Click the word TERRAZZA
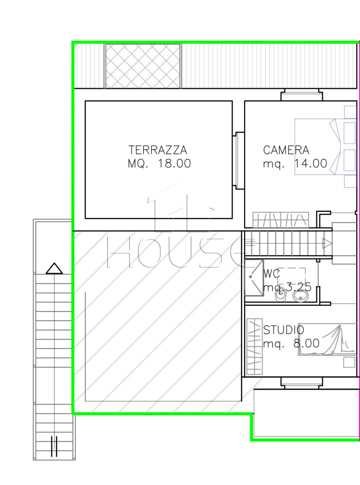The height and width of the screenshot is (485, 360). [158, 150]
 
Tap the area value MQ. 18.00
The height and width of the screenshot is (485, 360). [159, 163]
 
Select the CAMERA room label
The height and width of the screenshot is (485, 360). [286, 150]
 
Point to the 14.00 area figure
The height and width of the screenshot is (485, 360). [311, 163]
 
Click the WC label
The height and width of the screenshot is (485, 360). [272, 274]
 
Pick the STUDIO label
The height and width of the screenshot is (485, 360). [284, 330]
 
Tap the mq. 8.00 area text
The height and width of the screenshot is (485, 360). [291, 343]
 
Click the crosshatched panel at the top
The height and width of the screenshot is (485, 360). [143, 66]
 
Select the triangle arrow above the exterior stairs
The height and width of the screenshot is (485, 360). [54, 268]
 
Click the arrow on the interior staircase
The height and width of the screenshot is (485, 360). [327, 243]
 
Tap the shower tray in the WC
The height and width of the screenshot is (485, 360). [254, 278]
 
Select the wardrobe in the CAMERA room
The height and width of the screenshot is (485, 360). [281, 220]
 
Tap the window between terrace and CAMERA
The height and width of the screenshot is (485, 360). [238, 161]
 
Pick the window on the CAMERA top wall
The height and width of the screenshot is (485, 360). [302, 95]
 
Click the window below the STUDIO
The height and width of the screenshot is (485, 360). [302, 383]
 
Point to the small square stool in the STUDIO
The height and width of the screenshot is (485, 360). [349, 362]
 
